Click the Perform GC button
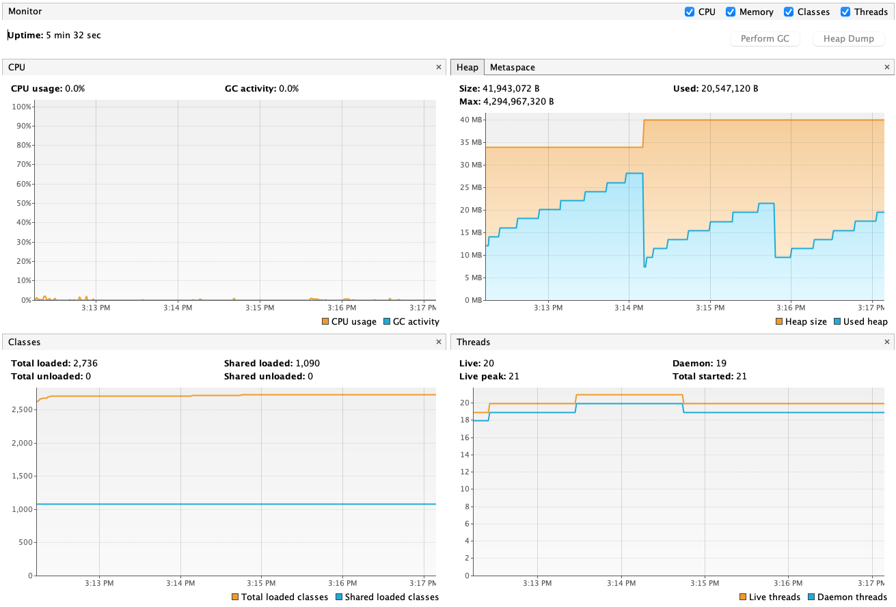tap(764, 38)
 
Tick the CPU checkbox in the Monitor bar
tap(689, 12)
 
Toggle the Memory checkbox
tap(731, 12)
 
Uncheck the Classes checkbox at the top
tap(789, 12)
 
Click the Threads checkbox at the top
tap(845, 12)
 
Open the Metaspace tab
tap(513, 67)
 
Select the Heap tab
tap(467, 67)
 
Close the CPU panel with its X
tap(438, 67)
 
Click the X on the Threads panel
tap(887, 342)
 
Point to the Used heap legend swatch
tap(837, 321)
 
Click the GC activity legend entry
tap(411, 321)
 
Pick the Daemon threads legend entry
tap(847, 597)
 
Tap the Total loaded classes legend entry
tap(280, 597)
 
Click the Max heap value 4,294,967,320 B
tap(519, 102)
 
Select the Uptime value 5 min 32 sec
tap(73, 36)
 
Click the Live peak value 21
tap(513, 376)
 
